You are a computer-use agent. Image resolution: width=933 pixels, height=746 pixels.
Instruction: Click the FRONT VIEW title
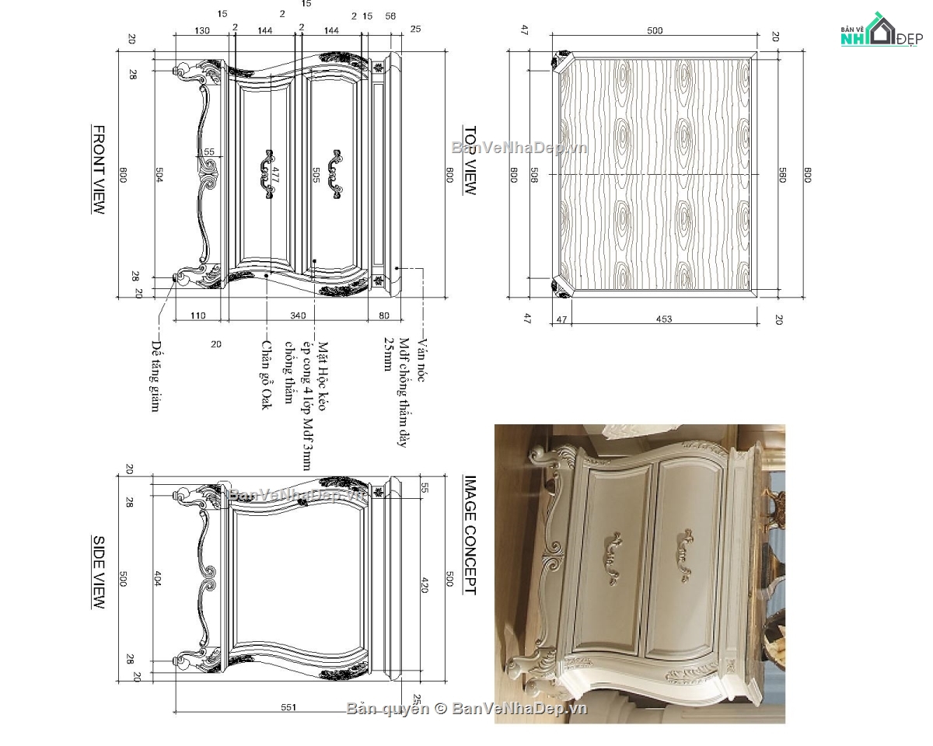[99, 169]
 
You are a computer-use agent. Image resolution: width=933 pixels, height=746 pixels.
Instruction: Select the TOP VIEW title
[470, 160]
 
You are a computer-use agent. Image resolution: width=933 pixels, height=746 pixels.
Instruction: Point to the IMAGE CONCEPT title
[470, 535]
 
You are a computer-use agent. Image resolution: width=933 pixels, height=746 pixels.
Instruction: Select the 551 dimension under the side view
[288, 707]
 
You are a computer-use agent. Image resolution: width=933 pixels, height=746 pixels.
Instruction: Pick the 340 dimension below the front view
[297, 315]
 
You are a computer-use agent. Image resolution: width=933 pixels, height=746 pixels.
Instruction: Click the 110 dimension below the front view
[198, 315]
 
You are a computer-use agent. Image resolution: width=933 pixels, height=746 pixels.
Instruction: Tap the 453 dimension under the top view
[663, 319]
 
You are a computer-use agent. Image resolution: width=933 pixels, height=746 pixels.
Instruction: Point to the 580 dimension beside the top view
[783, 175]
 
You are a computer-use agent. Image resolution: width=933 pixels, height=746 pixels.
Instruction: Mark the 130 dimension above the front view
[201, 30]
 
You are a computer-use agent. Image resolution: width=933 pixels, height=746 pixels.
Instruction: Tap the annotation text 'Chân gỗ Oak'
[266, 375]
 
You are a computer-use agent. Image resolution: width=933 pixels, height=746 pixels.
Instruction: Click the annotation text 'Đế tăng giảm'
[156, 376]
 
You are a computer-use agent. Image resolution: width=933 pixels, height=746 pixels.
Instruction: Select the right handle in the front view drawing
[335, 175]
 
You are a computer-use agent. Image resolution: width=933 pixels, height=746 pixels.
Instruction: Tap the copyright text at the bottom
[466, 708]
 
